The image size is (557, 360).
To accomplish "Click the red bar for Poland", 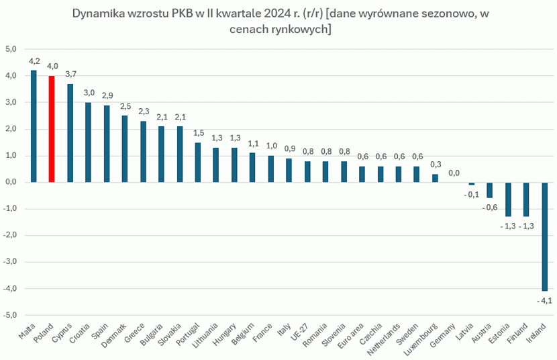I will [x=52, y=129].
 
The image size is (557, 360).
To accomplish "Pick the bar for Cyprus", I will [x=70, y=133].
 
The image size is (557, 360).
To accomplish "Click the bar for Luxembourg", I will [x=435, y=178].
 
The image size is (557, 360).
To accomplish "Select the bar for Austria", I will [x=489, y=190].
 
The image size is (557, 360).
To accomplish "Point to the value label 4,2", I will [x=34, y=61].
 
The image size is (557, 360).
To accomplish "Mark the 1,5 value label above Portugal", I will [x=197, y=133].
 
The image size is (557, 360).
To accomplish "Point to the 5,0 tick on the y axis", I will [x=11, y=49].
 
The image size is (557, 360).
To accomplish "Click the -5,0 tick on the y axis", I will [x=10, y=315].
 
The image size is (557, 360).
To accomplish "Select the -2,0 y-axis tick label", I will [x=10, y=235].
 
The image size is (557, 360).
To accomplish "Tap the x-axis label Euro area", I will [x=351, y=332].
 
